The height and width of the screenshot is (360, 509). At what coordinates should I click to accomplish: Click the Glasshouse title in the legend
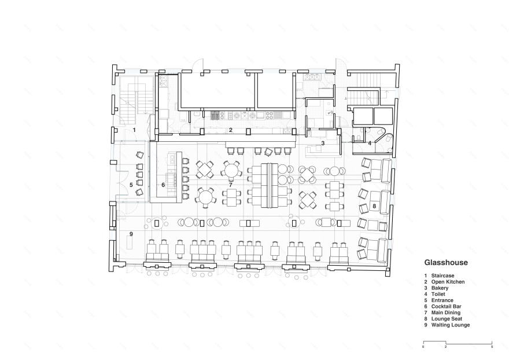click(446, 263)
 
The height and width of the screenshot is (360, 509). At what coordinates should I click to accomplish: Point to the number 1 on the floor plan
click(134, 130)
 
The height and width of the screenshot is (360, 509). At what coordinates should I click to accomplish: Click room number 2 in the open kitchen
click(230, 130)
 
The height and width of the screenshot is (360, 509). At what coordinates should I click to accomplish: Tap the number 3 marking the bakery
click(323, 143)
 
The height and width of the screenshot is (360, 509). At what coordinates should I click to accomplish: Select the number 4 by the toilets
click(370, 143)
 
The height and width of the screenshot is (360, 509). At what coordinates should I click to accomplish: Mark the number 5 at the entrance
click(131, 185)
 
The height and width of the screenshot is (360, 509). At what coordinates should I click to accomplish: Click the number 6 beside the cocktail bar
click(163, 185)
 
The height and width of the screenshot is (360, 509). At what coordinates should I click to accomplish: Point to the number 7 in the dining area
click(230, 185)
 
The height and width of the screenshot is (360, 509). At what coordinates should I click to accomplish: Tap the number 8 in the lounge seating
click(374, 206)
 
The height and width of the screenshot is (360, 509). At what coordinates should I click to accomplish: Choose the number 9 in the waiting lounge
click(131, 234)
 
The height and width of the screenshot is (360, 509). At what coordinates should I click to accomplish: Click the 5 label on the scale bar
click(492, 347)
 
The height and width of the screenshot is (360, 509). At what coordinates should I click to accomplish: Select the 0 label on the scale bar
click(423, 347)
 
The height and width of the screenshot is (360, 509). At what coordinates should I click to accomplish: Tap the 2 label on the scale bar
click(446, 347)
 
